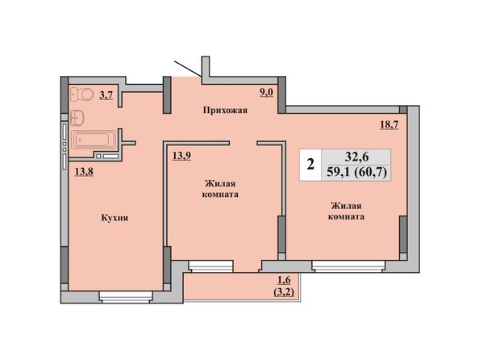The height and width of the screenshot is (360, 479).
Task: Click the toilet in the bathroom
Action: (x=81, y=94)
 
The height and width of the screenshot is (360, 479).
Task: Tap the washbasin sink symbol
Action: (x=77, y=118)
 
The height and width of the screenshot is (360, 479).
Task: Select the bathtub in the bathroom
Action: (x=94, y=140)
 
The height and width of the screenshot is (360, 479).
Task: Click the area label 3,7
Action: (x=106, y=95)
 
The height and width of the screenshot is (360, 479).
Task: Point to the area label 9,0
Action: (x=266, y=93)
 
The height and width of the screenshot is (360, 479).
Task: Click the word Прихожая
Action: (x=225, y=110)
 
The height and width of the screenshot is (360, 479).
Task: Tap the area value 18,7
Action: (x=389, y=124)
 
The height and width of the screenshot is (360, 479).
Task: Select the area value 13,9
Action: (x=181, y=156)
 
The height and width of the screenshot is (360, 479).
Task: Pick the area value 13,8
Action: (x=84, y=172)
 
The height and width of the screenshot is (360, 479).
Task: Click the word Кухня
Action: (x=115, y=218)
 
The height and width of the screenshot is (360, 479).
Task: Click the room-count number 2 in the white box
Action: (x=310, y=165)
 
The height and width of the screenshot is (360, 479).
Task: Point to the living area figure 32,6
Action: (x=356, y=157)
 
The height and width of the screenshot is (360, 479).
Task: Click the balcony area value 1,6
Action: (x=284, y=280)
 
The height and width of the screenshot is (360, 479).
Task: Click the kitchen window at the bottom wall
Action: (x=126, y=297)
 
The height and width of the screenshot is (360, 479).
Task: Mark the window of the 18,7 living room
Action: (x=348, y=266)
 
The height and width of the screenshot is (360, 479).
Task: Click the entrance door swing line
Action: (x=188, y=69)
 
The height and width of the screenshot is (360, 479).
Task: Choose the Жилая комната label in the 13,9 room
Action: (x=220, y=189)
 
